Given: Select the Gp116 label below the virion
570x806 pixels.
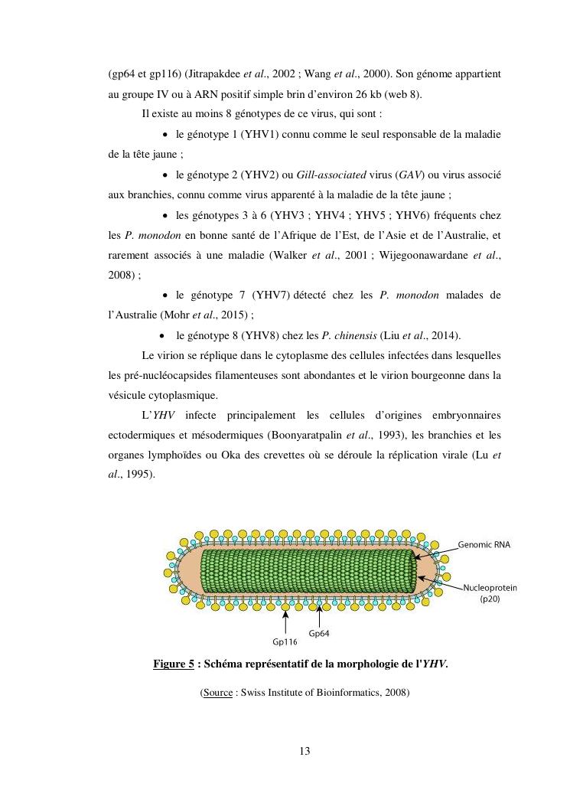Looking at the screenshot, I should pos(285,641).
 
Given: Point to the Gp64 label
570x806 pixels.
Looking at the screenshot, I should pos(320,633).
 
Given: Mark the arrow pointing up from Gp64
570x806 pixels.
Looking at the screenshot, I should pos(319,616).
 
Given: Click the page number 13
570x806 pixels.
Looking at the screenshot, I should pos(305,751).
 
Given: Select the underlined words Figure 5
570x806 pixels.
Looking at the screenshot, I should pos(173,664).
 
